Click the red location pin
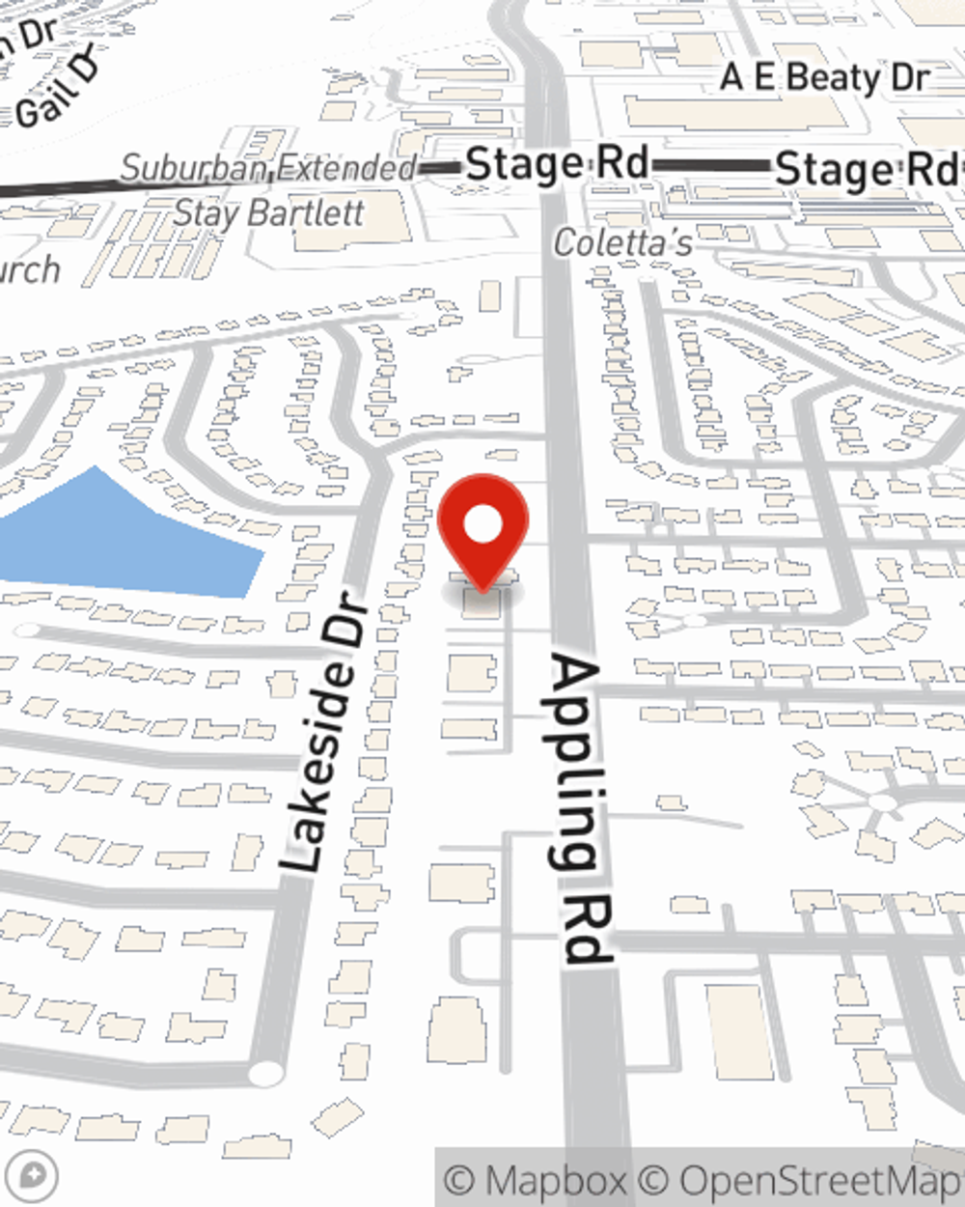tap(482, 531)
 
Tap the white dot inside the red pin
tap(482, 525)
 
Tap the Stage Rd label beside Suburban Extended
tap(557, 164)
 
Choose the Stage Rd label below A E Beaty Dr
tap(864, 170)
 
